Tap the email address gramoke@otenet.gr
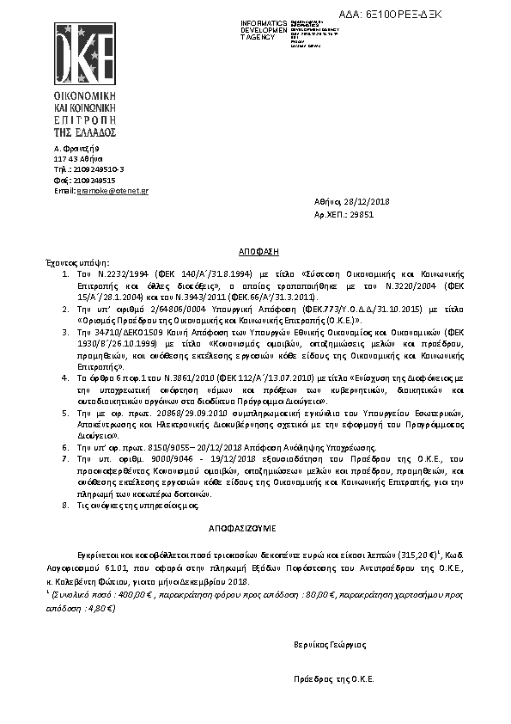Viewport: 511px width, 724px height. [x=113, y=190]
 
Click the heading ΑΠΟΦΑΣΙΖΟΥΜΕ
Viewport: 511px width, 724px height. [x=254, y=523]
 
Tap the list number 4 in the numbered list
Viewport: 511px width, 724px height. [x=65, y=376]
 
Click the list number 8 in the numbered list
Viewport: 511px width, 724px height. [x=65, y=505]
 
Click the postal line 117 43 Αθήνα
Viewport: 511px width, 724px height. [x=78, y=159]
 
